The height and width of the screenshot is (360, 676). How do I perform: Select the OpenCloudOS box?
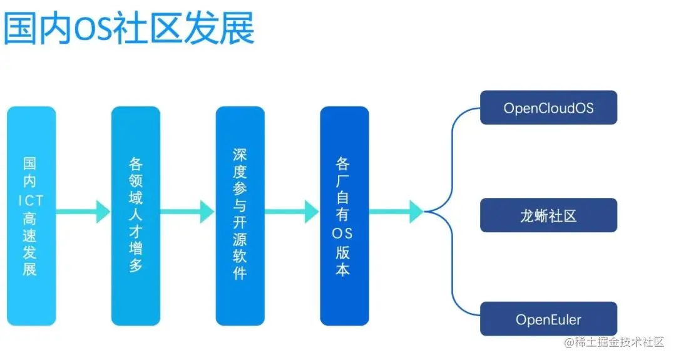pyautogui.click(x=548, y=108)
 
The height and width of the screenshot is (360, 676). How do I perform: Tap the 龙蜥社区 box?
pyautogui.click(x=548, y=215)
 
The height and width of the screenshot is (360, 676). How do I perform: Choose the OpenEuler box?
pyautogui.click(x=548, y=319)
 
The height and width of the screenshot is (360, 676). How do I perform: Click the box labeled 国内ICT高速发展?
pyautogui.click(x=31, y=215)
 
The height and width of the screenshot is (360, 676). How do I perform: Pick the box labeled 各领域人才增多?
pyautogui.click(x=136, y=215)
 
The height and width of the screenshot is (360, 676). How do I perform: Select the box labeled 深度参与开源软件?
pyautogui.click(x=240, y=215)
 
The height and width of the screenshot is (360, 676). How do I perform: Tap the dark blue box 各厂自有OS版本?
pyautogui.click(x=344, y=215)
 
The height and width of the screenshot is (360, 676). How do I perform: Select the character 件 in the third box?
pyautogui.click(x=240, y=273)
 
